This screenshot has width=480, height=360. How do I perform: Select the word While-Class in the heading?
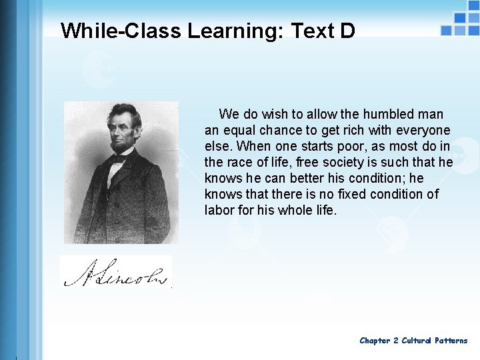[x=122, y=31]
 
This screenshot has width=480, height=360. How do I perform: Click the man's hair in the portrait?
[x=123, y=112]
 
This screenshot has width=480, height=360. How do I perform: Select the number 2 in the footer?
[x=396, y=341]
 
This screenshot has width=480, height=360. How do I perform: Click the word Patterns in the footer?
[x=451, y=341]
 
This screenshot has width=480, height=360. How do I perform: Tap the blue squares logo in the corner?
[x=460, y=23]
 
